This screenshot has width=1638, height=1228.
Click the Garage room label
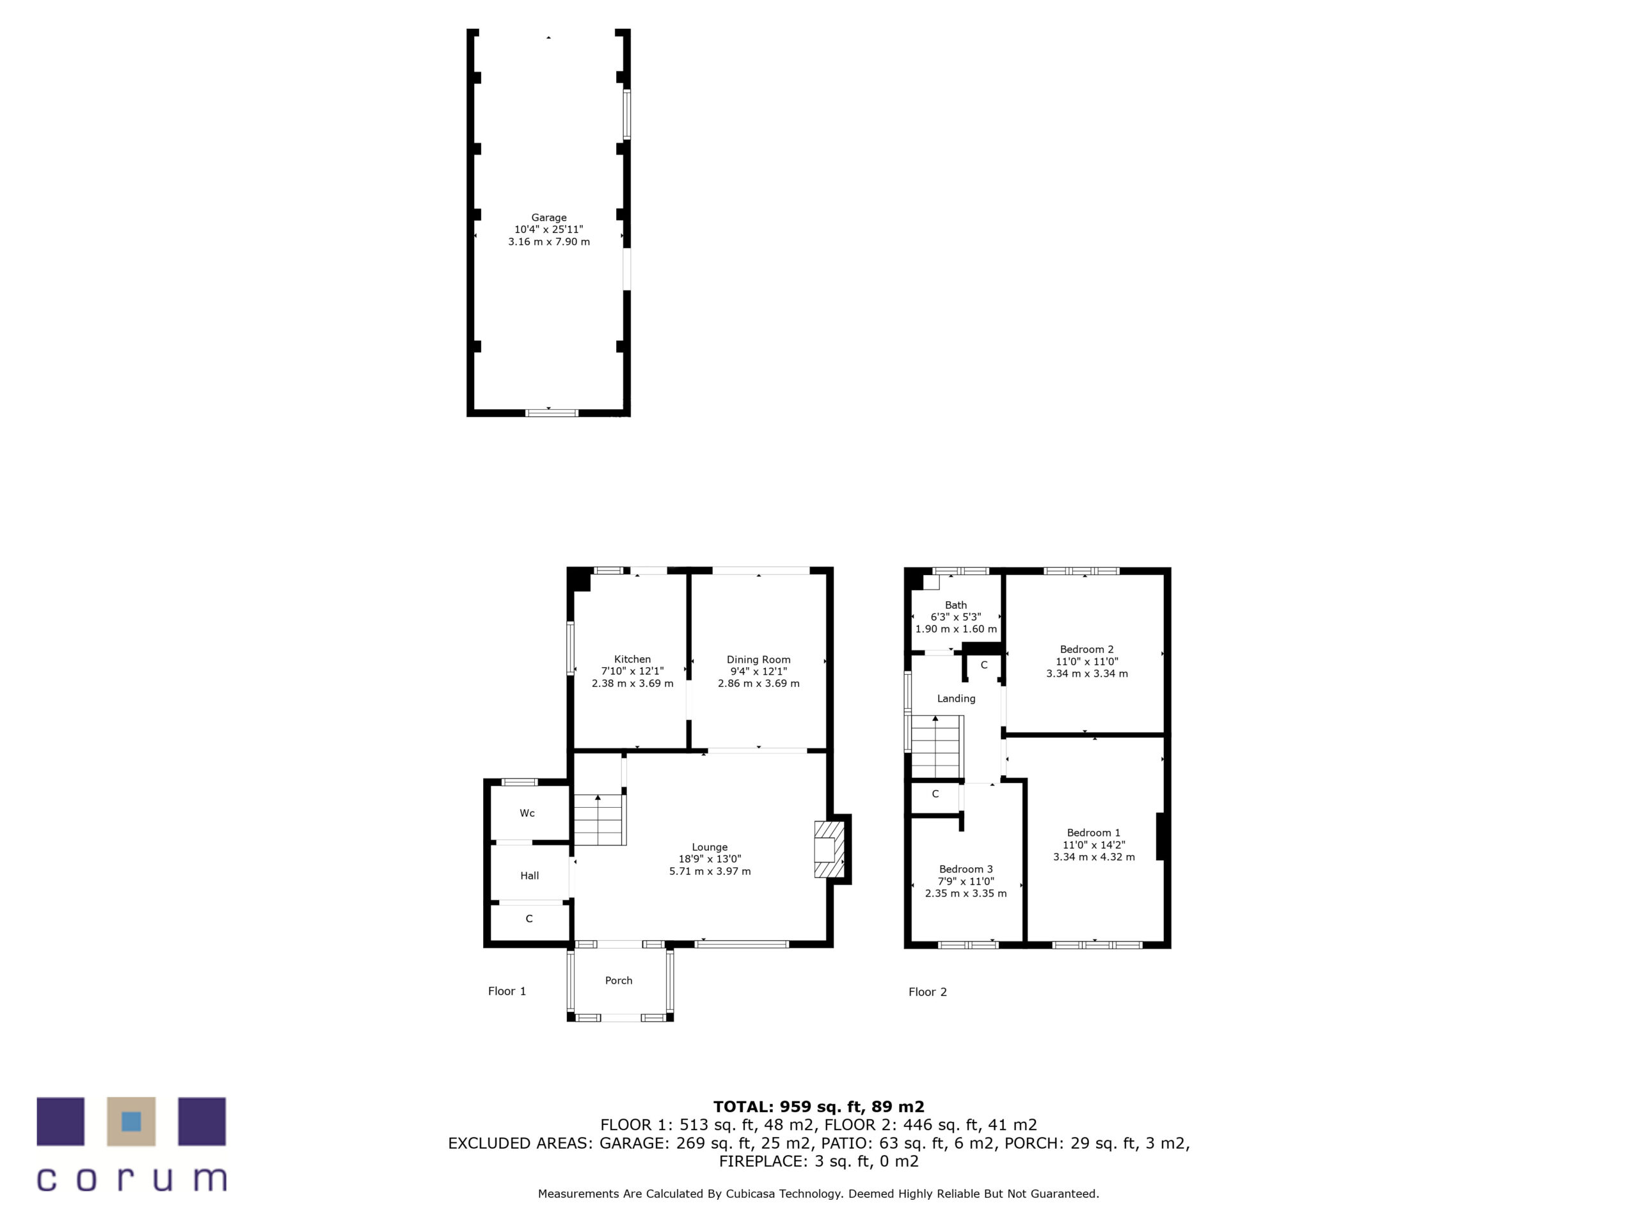point(549,217)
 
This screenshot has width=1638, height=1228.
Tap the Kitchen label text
point(632,659)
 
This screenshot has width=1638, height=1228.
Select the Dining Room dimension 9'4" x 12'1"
point(758,672)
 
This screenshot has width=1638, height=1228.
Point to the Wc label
point(527,813)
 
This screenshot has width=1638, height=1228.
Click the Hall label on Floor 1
point(529,876)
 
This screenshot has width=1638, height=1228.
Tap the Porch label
point(618,980)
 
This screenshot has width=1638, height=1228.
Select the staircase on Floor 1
point(599,819)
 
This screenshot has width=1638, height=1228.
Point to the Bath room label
point(955,605)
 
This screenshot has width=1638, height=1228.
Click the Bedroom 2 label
point(1086,649)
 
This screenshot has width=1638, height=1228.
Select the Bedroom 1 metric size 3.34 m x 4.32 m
point(1093,856)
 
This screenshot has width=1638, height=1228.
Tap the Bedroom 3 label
point(966,869)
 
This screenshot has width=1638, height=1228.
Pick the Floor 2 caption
point(927,992)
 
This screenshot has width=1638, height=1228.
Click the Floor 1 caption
point(507,991)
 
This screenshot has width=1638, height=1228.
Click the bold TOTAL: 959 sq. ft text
point(818,1106)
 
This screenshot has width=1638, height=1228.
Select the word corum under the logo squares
point(131,1179)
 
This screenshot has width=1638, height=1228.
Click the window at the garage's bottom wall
point(552,413)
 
